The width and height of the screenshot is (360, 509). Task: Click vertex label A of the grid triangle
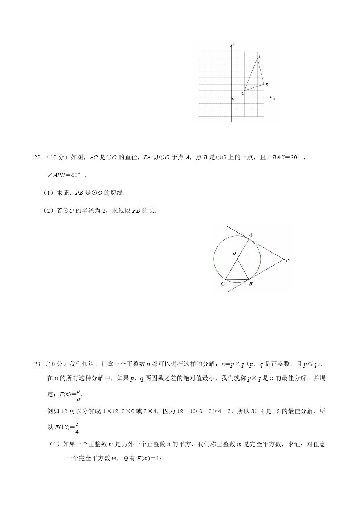[x=259, y=57]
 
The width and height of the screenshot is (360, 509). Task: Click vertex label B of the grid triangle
[x=267, y=85]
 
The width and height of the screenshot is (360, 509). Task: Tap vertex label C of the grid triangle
[x=243, y=94]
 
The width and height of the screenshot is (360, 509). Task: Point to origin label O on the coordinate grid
[x=233, y=99]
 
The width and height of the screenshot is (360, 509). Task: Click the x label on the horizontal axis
[x=274, y=98]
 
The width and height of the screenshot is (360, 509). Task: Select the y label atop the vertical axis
[x=233, y=44]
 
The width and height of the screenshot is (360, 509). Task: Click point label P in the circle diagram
[x=287, y=260]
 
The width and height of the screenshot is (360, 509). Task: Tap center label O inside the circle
[x=234, y=254]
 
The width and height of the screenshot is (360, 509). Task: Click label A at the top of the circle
[x=250, y=235]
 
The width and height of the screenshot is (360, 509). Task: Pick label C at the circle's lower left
[x=223, y=284]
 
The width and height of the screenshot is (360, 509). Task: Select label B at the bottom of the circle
[x=250, y=284]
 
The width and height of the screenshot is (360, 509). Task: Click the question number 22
[x=38, y=157]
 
